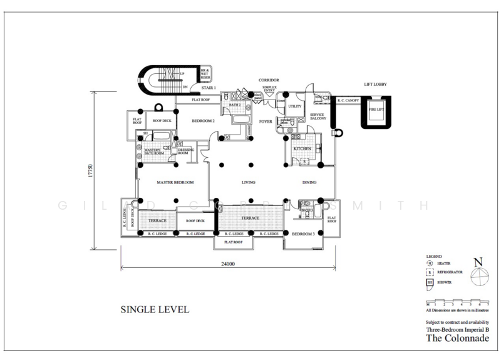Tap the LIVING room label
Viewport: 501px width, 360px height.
click(x=250, y=183)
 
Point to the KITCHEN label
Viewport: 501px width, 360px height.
click(x=303, y=148)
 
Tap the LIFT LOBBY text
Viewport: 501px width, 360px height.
click(x=378, y=84)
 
